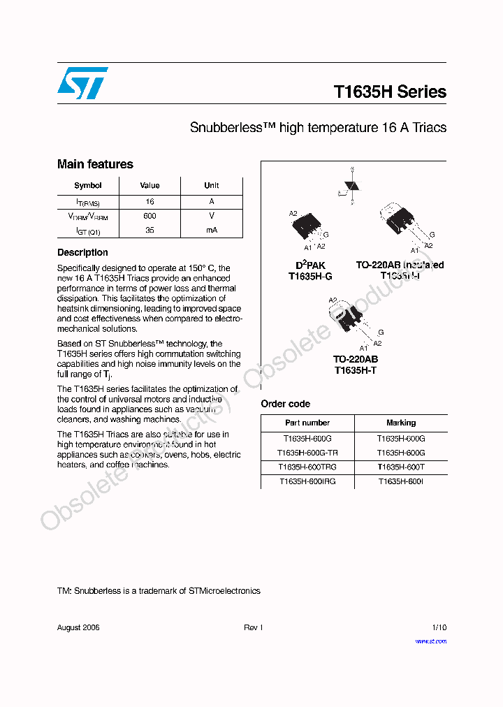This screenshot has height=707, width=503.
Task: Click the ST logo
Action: click(82, 83)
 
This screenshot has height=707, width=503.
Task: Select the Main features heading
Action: click(95, 164)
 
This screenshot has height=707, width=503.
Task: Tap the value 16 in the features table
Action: click(150, 201)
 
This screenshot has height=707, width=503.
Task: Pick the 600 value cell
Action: click(150, 216)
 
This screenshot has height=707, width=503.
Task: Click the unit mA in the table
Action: click(212, 230)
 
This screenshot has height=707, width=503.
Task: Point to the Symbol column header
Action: click(88, 185)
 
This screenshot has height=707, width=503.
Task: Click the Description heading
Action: click(82, 252)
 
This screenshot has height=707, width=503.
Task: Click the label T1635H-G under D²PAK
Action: click(310, 277)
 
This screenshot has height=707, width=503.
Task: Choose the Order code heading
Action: click(285, 404)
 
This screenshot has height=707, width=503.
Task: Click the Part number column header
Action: click(307, 423)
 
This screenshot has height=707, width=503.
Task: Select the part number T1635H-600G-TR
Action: click(307, 453)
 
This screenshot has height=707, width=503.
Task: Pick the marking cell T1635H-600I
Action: click(401, 481)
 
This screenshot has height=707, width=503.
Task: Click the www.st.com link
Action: click(430, 641)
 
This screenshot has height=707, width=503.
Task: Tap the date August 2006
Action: click(78, 627)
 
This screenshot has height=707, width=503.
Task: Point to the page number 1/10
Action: click(439, 627)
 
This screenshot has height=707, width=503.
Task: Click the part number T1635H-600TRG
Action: click(307, 467)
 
